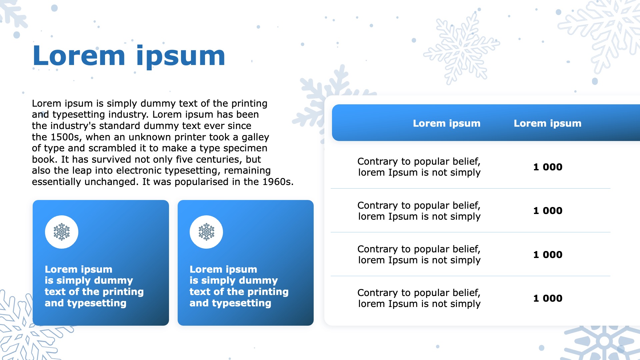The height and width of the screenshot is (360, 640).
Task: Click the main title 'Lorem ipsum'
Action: (x=129, y=56)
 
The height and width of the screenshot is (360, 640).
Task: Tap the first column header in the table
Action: (x=447, y=123)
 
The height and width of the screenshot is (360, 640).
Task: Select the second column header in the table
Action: (x=547, y=123)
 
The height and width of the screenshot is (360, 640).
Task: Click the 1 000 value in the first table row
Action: (x=548, y=167)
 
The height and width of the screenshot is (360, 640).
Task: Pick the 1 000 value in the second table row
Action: (x=548, y=211)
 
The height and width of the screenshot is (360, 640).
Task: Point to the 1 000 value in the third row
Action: (x=548, y=255)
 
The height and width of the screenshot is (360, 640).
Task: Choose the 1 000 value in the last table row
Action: (x=548, y=298)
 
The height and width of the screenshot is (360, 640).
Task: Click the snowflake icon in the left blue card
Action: (x=62, y=232)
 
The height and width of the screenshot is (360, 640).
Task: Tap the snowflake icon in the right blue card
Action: (x=206, y=232)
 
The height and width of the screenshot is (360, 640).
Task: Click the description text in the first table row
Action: (x=419, y=167)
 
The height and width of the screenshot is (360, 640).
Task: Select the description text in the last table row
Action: (x=419, y=298)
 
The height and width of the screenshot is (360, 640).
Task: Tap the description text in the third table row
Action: (x=419, y=255)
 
